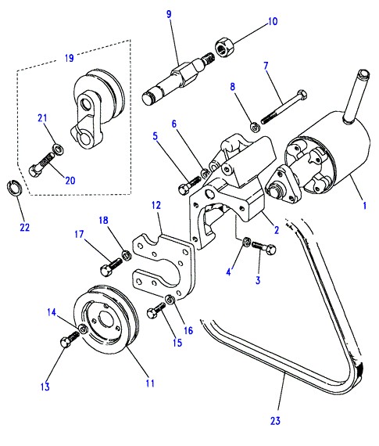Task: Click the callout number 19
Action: tap(70, 58)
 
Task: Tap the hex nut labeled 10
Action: tap(224, 47)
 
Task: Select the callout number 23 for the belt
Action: tap(275, 421)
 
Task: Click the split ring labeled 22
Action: tap(14, 188)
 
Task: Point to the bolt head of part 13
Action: tap(66, 341)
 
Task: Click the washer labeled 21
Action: tap(58, 149)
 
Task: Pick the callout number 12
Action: tap(156, 205)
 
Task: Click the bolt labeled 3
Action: tap(264, 247)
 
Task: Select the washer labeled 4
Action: tap(246, 242)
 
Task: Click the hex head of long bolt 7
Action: tap(302, 95)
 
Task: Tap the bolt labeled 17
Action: tap(111, 267)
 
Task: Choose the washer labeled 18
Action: tap(126, 254)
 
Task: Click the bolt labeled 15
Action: tap(156, 311)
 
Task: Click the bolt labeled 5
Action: tap(189, 185)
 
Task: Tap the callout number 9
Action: tap(169, 14)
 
